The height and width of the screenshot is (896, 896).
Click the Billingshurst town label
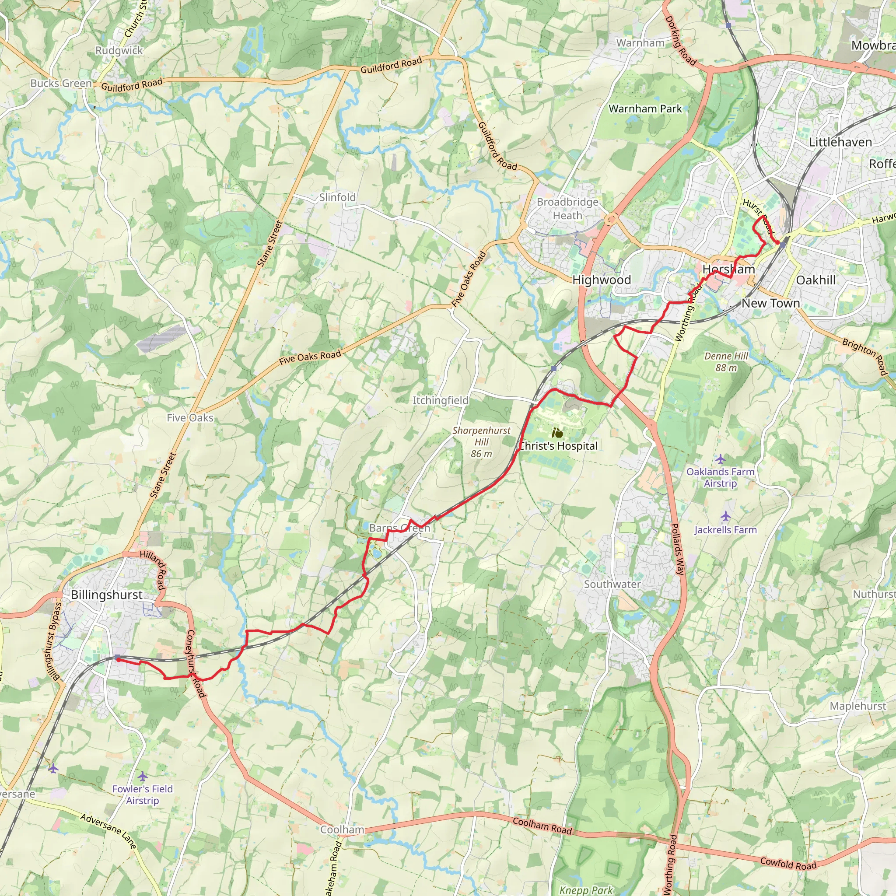click(x=107, y=595)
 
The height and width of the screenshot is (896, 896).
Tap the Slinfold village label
click(x=337, y=198)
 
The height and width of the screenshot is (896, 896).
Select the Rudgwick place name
click(x=119, y=51)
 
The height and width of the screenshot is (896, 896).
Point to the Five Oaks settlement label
click(x=190, y=418)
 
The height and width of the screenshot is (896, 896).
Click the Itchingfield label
click(x=440, y=400)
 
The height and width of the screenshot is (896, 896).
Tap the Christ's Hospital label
click(x=558, y=446)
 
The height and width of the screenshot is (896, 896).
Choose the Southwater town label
click(x=612, y=584)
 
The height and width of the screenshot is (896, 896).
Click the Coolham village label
click(x=342, y=829)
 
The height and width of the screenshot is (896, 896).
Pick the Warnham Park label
click(x=645, y=109)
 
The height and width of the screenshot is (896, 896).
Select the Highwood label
click(x=602, y=280)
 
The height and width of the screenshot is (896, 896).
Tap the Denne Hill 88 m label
click(x=726, y=362)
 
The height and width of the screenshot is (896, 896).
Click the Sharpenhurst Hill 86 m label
click(x=481, y=442)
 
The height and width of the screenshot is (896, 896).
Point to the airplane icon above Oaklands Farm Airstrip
click(x=720, y=459)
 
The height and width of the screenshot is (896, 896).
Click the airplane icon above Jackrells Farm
click(x=725, y=516)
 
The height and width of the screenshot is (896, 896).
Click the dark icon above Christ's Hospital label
click(x=557, y=434)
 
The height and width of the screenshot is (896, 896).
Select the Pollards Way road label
click(x=678, y=549)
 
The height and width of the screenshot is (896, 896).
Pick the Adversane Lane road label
click(x=108, y=832)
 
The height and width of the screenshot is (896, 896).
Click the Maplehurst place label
click(x=857, y=706)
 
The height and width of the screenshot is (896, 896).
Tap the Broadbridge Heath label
click(x=567, y=209)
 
